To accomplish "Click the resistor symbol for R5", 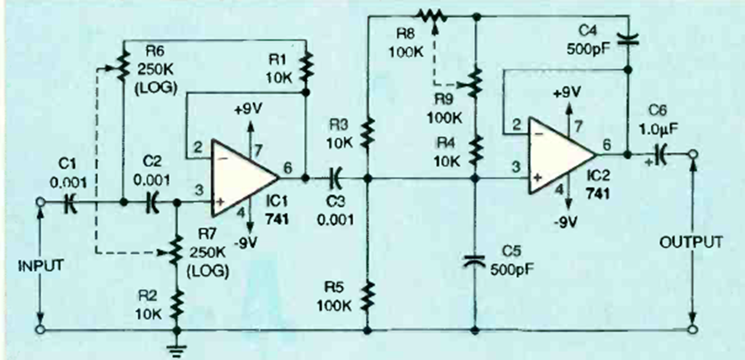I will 367,294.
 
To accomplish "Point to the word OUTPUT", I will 691,242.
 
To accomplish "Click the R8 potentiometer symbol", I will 434,16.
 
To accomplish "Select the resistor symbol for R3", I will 367,130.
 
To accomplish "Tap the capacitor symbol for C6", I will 662,154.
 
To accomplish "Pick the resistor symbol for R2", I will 177,305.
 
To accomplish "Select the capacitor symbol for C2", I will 152,202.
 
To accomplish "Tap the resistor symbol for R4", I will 475,150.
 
